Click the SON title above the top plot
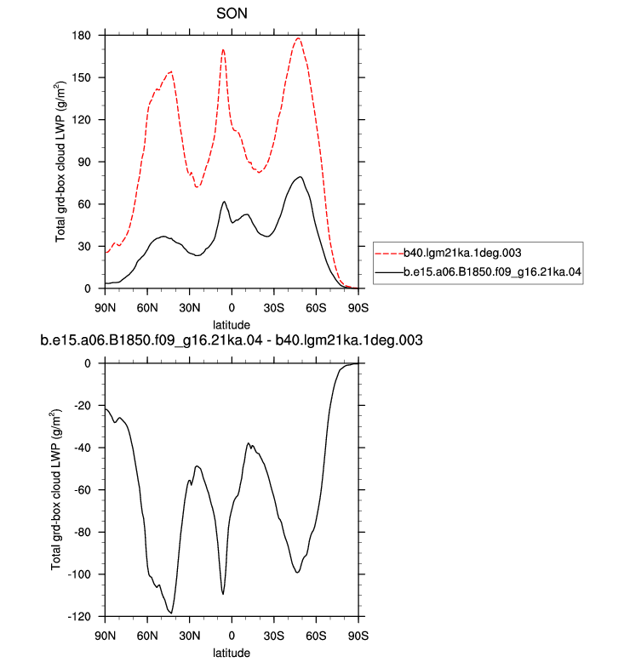click(x=232, y=14)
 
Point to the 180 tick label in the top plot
click(x=81, y=36)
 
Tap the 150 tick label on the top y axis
click(x=81, y=77)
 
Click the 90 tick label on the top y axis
click(x=84, y=163)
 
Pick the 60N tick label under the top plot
click(x=147, y=308)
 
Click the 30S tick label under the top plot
click(x=274, y=308)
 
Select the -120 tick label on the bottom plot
click(x=79, y=617)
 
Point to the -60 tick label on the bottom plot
click(x=82, y=490)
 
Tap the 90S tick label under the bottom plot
click(x=358, y=636)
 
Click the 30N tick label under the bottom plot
click(x=189, y=636)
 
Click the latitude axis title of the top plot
click(x=231, y=325)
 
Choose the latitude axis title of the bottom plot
click(x=231, y=653)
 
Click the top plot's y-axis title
click(x=60, y=162)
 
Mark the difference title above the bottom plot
click(x=231, y=340)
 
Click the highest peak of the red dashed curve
click(x=298, y=38)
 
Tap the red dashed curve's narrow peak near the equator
click(x=223, y=50)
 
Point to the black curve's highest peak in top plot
click(x=300, y=177)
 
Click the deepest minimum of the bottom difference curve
click(x=170, y=613)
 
